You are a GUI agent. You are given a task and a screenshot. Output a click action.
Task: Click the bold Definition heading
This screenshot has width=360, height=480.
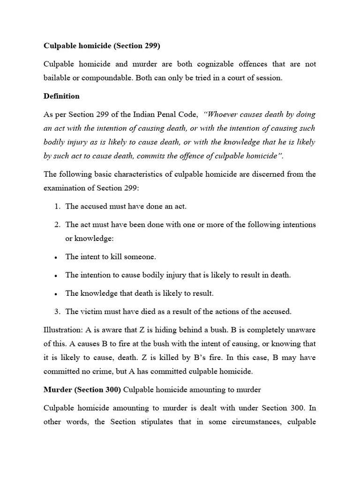(61, 96)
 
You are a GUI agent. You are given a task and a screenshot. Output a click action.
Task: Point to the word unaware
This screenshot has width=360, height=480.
(301, 330)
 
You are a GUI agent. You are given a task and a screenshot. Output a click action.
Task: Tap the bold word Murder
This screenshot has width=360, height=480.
(57, 390)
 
